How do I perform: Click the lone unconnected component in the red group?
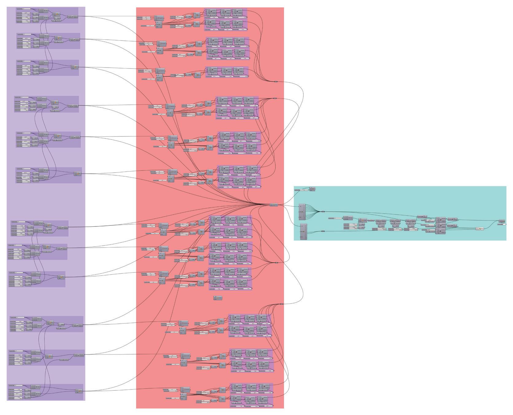click(217, 298)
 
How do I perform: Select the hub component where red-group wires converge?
click(274, 205)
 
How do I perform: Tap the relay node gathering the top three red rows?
click(275, 81)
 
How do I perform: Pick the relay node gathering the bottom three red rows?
click(282, 304)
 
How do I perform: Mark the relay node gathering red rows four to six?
click(275, 98)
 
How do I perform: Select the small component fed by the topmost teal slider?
click(312, 189)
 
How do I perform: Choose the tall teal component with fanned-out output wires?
click(302, 212)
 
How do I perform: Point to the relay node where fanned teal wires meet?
click(323, 211)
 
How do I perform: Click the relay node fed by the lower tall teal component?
click(323, 231)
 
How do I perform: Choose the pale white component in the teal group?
click(480, 229)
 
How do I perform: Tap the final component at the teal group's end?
click(502, 221)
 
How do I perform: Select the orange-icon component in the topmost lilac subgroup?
click(57, 14)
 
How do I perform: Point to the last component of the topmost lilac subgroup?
click(75, 17)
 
